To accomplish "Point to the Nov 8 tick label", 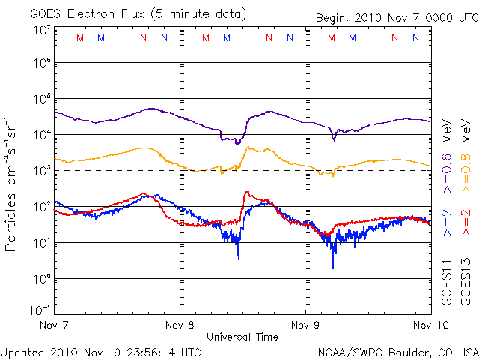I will coord(180,325).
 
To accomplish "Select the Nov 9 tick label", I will coord(305,325).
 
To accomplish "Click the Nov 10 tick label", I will coord(430,325).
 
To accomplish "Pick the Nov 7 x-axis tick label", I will coord(55,325).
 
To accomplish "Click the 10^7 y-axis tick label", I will coord(41,31).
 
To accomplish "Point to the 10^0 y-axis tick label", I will coord(41,279).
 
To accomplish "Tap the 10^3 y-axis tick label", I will coord(41,171).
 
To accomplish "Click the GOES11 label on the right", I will coord(445,279).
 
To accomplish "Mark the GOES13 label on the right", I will coord(463,279).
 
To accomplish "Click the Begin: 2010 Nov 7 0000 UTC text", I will coord(396,13).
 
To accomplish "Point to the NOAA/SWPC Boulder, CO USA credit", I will coord(397,352).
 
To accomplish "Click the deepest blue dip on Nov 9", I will coord(333,266).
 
